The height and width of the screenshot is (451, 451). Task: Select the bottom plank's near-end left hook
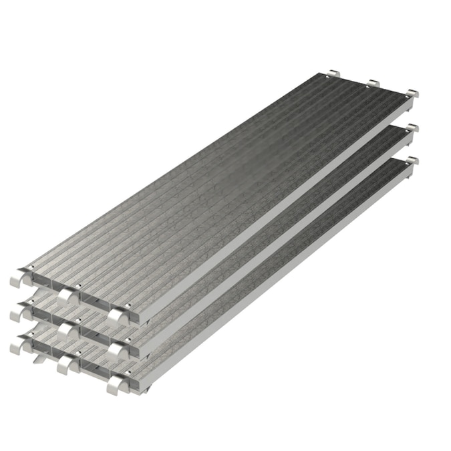pos(19,345)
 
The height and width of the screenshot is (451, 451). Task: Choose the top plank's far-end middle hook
pos(373,83)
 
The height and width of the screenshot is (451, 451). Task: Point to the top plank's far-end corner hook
pos(412,92)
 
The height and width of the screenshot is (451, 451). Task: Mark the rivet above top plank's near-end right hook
pos(127,308)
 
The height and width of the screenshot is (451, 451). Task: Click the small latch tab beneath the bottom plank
pos(39,361)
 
